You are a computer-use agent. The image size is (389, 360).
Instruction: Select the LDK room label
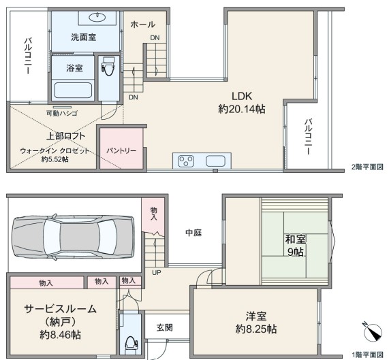[x=242, y=96]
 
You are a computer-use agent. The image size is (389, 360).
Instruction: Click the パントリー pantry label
[x=121, y=150]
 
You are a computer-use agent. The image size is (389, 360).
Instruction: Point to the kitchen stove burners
[x=186, y=161]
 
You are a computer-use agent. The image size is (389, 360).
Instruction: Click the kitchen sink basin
[x=215, y=161]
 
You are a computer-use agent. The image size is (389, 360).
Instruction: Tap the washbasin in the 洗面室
[x=97, y=17]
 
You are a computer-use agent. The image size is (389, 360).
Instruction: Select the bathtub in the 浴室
[x=73, y=91]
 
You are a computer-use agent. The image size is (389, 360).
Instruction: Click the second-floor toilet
[x=108, y=66]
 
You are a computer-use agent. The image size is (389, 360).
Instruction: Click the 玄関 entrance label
[x=164, y=327]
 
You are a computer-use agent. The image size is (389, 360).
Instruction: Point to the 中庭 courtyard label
[x=193, y=233]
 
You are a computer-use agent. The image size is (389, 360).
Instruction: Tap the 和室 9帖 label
[x=295, y=246]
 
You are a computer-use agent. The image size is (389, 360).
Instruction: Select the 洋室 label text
[x=256, y=316]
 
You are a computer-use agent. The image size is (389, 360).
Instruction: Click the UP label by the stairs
[x=157, y=273]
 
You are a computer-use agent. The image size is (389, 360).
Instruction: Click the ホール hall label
[x=142, y=24]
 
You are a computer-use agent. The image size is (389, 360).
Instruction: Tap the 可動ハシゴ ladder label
[x=62, y=114]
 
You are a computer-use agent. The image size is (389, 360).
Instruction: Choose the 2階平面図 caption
[x=367, y=167]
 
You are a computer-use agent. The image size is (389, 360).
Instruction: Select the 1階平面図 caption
[x=368, y=355]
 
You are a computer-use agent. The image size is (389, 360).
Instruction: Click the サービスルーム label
[x=60, y=309]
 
